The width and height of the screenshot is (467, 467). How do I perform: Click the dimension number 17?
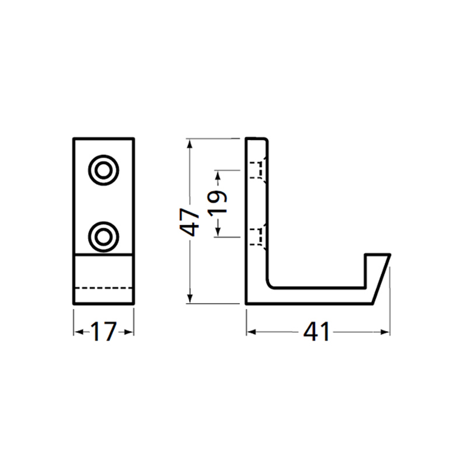pos(104,332)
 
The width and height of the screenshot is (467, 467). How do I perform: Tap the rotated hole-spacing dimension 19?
pos(217,204)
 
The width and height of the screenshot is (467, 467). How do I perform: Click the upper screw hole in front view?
pos(104,170)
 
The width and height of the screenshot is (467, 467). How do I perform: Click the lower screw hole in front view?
pos(104,236)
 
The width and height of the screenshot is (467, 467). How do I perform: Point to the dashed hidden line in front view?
pos(104,287)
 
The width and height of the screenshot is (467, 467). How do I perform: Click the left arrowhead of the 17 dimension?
pos(76,332)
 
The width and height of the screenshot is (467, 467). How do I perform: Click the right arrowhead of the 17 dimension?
pos(131,332)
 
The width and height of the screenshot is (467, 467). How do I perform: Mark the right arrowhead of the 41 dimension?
pos(386,332)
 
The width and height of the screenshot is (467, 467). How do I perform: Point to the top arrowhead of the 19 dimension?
pos(217,173)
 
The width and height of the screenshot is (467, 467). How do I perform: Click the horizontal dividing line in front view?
pos(104,255)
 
